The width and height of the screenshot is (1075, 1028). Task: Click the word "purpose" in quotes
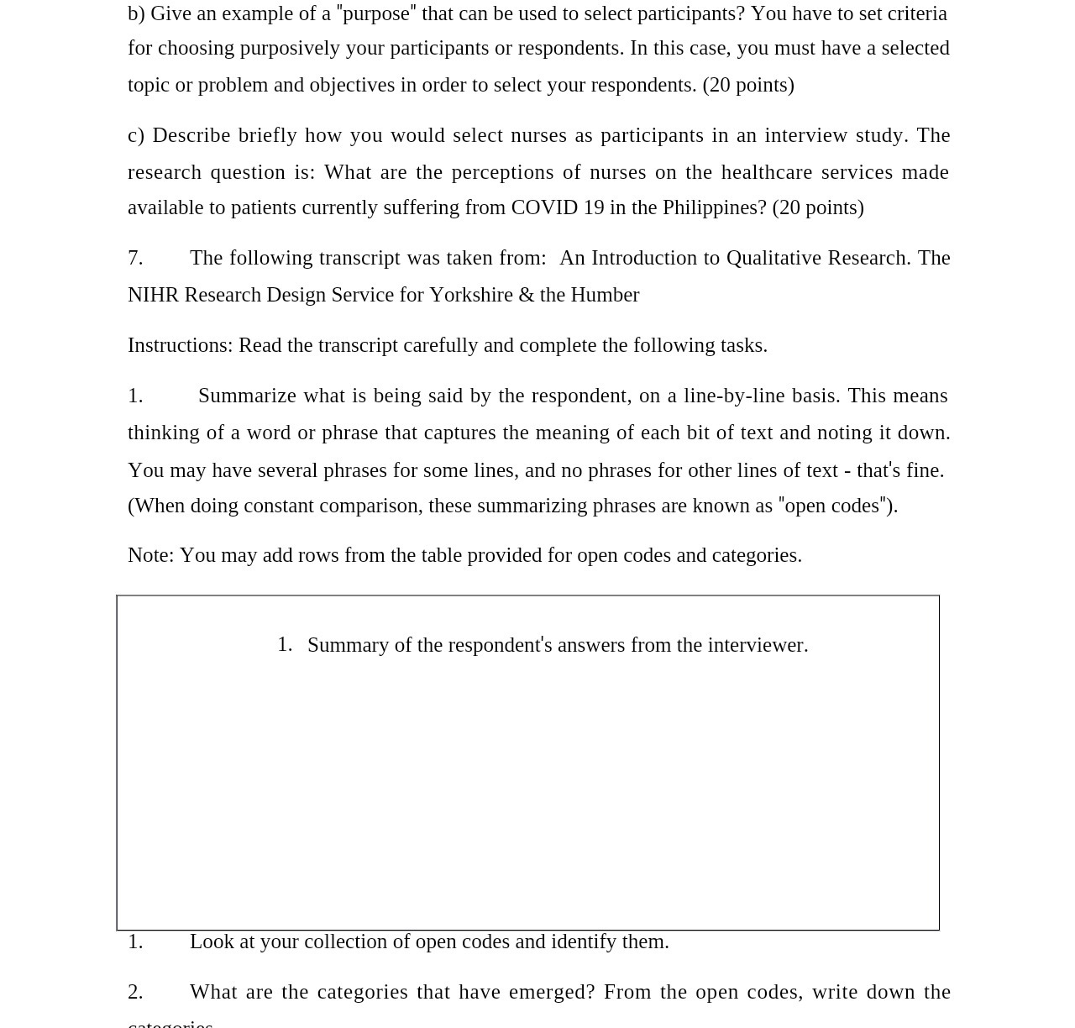click(x=376, y=13)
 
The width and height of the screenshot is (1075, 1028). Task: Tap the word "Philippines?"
click(x=714, y=207)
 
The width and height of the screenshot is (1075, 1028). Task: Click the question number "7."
click(x=135, y=258)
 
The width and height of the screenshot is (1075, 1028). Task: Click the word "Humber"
click(x=605, y=295)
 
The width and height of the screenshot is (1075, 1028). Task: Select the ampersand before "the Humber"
click(x=527, y=295)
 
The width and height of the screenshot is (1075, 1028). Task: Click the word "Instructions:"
click(x=180, y=345)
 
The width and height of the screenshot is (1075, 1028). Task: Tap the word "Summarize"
click(x=247, y=396)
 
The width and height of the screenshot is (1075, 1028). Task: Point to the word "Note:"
click(x=150, y=555)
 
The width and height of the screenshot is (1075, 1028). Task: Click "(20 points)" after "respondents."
click(x=748, y=85)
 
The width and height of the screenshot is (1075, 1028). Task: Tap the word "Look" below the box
click(x=212, y=941)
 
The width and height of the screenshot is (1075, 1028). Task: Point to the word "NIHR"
click(x=153, y=295)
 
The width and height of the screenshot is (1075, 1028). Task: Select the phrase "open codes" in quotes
click(x=831, y=506)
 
